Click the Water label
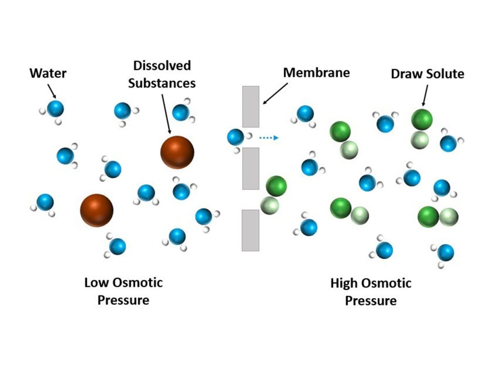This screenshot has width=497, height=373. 48,73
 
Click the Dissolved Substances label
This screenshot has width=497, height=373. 162,74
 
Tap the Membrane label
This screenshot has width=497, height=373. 316,73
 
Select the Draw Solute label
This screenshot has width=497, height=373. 427,74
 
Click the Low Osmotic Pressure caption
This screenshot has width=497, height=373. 123,291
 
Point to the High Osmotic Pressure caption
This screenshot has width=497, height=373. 371,292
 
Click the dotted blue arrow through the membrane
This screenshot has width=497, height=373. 269,138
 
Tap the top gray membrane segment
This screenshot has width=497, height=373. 251,107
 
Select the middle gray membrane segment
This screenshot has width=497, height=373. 251,168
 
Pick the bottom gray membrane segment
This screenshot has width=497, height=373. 251,230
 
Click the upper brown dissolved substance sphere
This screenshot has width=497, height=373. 177,152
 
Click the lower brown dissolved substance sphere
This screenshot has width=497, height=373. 97,210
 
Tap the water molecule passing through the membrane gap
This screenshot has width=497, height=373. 236,138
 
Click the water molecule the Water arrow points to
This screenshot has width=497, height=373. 55,109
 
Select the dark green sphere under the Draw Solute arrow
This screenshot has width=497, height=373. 422,119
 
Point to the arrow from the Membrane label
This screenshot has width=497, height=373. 275,93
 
